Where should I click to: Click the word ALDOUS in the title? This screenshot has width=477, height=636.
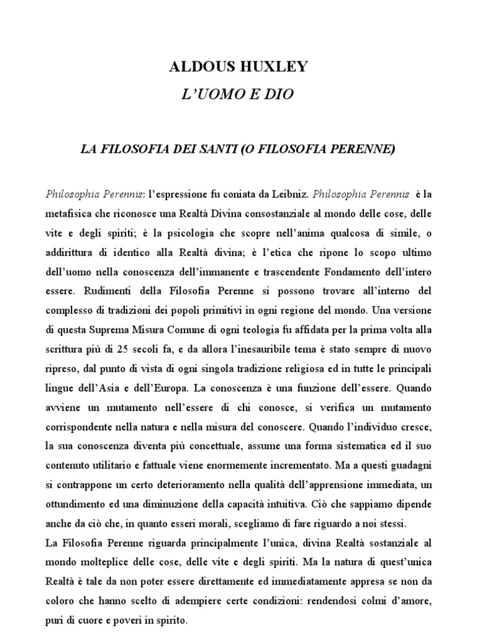tap(199, 67)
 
